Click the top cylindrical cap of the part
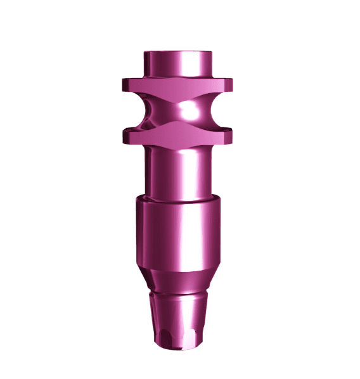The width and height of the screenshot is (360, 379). pyautogui.click(x=177, y=64)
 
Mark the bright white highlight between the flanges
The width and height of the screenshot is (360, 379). pyautogui.click(x=188, y=111)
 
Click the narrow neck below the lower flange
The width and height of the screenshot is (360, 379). pyautogui.click(x=177, y=168)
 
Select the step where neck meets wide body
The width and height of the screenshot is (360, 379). pyautogui.click(x=177, y=198)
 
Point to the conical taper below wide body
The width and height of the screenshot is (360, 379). pyautogui.click(x=177, y=279)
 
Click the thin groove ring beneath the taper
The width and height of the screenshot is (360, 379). pyautogui.click(x=177, y=295)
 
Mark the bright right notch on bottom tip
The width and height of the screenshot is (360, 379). pyautogui.click(x=192, y=335)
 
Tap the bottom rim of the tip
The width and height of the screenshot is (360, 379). pyautogui.click(x=177, y=347)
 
